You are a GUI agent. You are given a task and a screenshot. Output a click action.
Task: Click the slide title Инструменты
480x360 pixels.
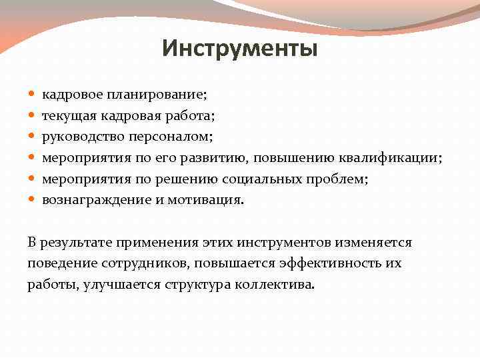[x=239, y=49]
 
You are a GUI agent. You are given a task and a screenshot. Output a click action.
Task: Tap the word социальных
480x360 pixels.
[x=259, y=179]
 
